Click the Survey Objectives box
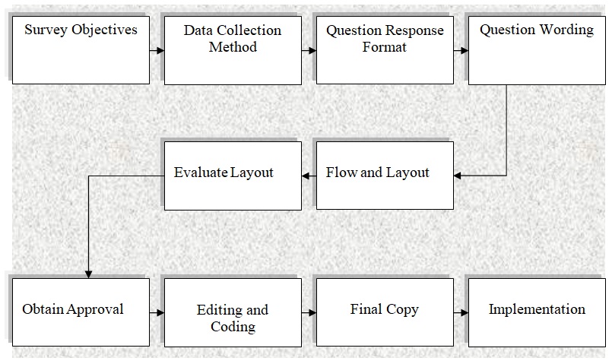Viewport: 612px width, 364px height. (x=81, y=49)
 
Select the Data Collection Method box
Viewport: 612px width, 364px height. (x=233, y=49)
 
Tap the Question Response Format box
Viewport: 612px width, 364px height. (x=385, y=49)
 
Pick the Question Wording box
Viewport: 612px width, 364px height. (x=537, y=49)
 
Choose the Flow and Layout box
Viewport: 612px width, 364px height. (x=385, y=176)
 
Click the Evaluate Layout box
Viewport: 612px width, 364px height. (x=233, y=176)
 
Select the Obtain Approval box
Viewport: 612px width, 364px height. (x=81, y=312)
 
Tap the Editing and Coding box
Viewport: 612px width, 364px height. (x=233, y=312)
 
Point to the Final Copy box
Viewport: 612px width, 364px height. (x=385, y=312)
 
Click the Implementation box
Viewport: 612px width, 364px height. (x=537, y=312)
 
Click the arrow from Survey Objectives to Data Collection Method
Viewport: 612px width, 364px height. (x=157, y=51)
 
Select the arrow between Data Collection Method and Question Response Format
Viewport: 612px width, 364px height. (x=309, y=51)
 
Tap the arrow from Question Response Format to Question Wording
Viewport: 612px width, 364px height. (x=461, y=51)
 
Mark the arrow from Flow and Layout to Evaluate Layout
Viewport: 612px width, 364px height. (x=309, y=176)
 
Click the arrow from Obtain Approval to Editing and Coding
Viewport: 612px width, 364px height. (x=157, y=312)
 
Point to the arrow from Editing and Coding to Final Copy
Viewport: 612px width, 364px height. (x=309, y=312)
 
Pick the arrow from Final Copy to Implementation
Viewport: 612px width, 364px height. (x=461, y=312)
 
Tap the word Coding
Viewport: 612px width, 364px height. (x=233, y=327)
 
